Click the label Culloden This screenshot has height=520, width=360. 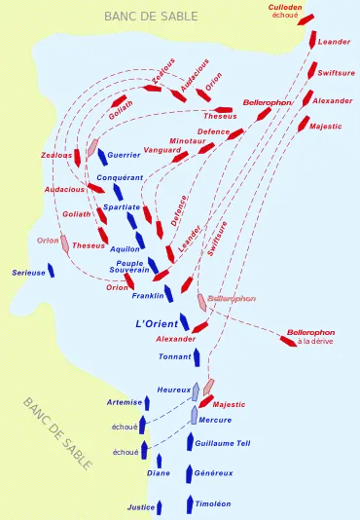(287, 7)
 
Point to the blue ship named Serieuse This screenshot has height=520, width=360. (52, 272)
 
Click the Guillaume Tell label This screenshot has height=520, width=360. (223, 443)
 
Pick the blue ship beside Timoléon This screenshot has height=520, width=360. (190, 504)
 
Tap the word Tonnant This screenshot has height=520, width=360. (176, 357)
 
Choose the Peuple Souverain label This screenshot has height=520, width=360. (130, 267)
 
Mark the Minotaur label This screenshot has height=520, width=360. (188, 141)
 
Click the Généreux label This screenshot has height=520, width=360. (214, 473)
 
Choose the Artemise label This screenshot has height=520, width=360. (125, 401)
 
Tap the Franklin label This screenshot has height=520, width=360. (147, 295)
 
